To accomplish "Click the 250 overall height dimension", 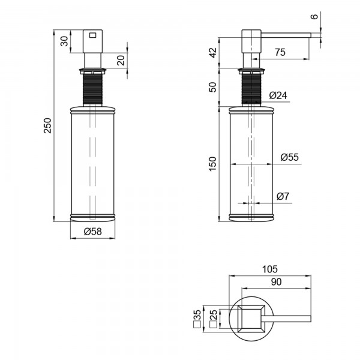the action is (x=48, y=125).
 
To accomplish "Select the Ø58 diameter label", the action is (x=93, y=232).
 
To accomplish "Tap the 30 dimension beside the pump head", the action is (x=65, y=41).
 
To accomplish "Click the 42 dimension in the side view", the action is (x=213, y=53).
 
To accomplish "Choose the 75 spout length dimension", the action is (x=280, y=52).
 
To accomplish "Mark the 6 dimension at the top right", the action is (x=314, y=16).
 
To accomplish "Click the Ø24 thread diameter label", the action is (x=278, y=95).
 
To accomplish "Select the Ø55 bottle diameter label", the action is (x=290, y=157).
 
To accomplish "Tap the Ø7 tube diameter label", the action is (x=283, y=197).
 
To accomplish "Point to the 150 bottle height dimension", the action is (x=213, y=164).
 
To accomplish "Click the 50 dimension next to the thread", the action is (x=213, y=87).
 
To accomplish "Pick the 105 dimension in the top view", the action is (x=270, y=269).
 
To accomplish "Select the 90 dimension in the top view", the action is (x=276, y=282).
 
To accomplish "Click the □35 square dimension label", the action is (x=197, y=319).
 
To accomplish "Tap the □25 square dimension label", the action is (x=213, y=319).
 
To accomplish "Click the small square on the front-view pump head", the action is (x=93, y=35).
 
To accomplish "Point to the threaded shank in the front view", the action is (x=92, y=89).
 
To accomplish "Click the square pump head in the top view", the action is (x=251, y=319).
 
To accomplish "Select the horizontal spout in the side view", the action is (x=286, y=35).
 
